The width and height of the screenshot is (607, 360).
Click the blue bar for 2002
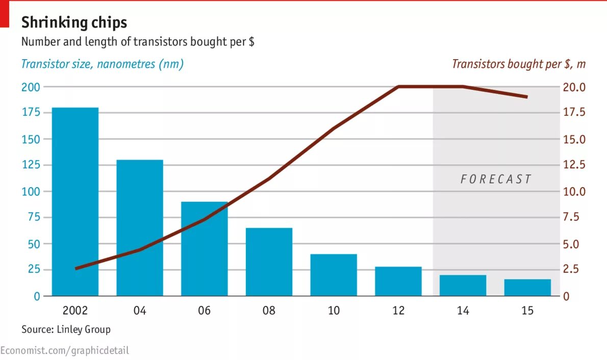point(75,201)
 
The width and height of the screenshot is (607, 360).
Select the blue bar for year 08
point(269,262)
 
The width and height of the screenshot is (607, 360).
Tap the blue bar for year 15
point(527,288)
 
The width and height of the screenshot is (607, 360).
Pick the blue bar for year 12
point(398,281)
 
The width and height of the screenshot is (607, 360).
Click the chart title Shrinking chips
point(74,22)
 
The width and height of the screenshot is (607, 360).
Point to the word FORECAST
point(496,179)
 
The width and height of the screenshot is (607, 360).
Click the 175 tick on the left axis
point(30,113)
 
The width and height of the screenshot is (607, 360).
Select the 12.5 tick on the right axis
point(574,165)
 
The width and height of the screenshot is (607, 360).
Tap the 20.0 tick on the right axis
point(574,87)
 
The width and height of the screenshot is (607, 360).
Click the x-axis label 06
point(204,311)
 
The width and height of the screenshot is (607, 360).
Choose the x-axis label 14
point(463,311)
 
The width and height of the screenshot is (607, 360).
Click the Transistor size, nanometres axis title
point(102,64)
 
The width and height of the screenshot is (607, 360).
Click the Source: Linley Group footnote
point(66,329)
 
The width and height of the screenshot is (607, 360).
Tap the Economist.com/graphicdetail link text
point(65,350)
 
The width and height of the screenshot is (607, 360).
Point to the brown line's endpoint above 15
point(527,97)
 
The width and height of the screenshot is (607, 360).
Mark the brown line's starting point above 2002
point(75,268)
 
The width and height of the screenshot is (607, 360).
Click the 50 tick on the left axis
point(33,244)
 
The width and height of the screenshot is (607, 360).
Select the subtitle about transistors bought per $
point(138,42)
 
